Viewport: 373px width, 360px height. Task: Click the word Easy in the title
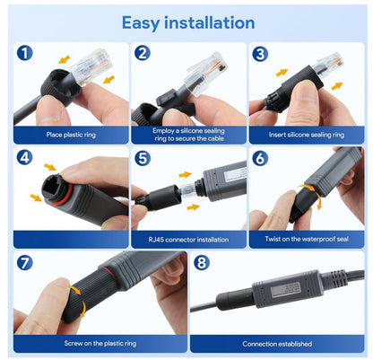click(141, 23)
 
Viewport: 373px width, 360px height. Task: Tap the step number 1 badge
click(24, 53)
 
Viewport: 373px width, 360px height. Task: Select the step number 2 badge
click(143, 53)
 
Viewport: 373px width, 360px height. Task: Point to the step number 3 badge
click(260, 54)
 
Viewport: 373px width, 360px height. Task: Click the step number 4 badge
click(24, 157)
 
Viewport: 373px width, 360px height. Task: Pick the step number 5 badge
click(143, 158)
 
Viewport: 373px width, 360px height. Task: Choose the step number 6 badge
click(260, 158)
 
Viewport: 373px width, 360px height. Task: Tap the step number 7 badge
click(24, 263)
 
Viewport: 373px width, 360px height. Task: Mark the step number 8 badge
click(202, 263)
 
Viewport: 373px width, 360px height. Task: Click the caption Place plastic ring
click(71, 135)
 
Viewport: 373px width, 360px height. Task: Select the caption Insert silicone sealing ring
click(307, 135)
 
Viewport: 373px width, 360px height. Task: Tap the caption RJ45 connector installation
click(188, 240)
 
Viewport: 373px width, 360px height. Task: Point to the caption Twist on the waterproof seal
click(307, 239)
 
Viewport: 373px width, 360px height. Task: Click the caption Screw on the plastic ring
click(100, 343)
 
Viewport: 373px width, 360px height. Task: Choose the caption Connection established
click(277, 344)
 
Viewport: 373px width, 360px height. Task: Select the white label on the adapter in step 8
click(285, 291)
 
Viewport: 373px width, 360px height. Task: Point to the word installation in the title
click(210, 22)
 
